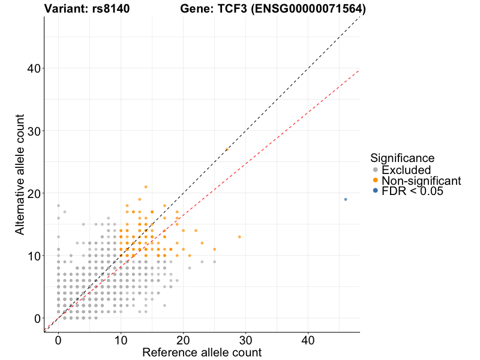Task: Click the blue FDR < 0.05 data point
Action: [346, 199]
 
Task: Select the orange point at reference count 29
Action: [239, 237]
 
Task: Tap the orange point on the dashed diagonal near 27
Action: [227, 149]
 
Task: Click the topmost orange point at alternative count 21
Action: [146, 187]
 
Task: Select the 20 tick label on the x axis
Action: [183, 340]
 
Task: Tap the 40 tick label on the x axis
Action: [308, 340]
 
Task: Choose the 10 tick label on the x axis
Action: [121, 340]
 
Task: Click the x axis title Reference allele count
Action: [202, 352]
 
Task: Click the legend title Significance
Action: [402, 158]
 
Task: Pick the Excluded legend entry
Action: [406, 170]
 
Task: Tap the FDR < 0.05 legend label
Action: [412, 191]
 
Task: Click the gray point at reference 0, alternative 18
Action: [58, 206]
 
